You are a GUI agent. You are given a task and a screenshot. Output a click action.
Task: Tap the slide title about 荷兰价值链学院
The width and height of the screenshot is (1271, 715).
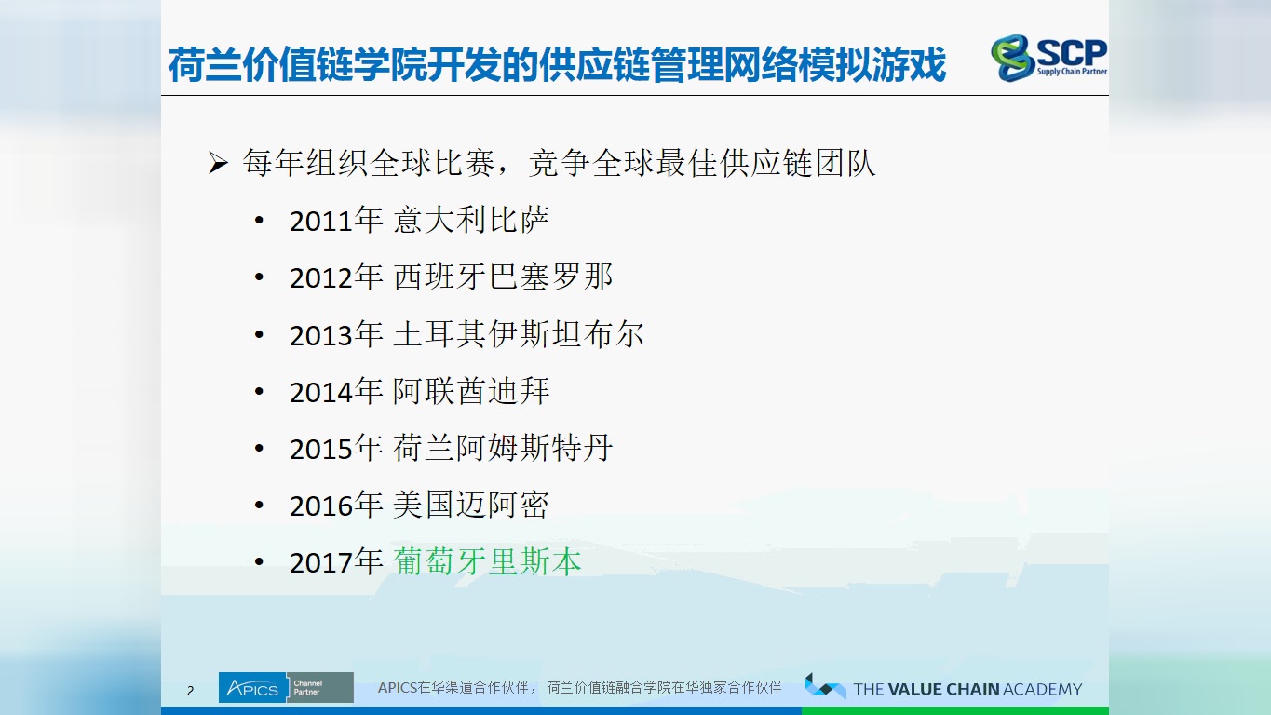coord(557,65)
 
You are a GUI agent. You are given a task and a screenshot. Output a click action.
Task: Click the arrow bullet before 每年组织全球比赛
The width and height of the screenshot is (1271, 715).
coord(218,165)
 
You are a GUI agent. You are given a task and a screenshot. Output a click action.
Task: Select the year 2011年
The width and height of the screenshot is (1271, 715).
coord(336,221)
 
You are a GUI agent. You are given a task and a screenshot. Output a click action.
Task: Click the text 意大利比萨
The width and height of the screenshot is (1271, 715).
coord(471,220)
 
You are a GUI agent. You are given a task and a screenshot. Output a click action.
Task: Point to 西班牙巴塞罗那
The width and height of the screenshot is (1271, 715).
coord(503,277)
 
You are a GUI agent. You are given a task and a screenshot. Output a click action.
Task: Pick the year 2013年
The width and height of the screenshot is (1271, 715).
coord(336,334)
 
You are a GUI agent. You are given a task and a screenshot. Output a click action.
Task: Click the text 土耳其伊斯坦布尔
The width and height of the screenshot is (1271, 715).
coord(519,333)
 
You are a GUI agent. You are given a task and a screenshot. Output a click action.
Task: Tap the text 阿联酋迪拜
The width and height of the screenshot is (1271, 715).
coord(471,391)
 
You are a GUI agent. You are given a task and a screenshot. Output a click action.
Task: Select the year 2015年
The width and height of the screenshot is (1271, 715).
coord(336,448)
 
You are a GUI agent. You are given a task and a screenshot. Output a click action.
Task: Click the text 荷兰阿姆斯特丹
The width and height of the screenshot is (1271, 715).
coord(503,448)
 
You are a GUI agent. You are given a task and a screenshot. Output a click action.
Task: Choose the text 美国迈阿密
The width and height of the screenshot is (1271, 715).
coord(471,505)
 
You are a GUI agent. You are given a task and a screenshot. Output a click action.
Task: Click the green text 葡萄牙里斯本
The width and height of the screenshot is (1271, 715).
coord(488,561)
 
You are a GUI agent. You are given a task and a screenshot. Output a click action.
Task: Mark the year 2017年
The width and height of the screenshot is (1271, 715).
coord(336,562)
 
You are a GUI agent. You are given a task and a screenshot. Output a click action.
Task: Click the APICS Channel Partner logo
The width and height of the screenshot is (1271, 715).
coord(286,688)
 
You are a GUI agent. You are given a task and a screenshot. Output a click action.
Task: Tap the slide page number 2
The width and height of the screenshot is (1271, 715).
coord(191,691)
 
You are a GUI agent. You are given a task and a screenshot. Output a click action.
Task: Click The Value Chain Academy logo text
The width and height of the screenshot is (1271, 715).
coord(967,689)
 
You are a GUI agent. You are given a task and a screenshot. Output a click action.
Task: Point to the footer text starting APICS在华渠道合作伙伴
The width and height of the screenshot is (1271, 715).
coord(579,688)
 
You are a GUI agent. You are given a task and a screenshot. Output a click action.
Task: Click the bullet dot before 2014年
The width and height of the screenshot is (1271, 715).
coord(259,392)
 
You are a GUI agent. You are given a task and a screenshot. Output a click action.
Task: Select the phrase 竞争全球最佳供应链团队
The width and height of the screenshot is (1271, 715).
coord(702,164)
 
